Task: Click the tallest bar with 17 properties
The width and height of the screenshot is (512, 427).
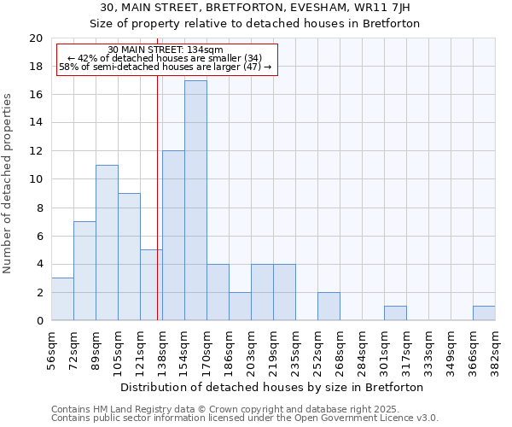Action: click(x=195, y=201)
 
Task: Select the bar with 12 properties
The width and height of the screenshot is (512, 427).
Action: click(x=173, y=236)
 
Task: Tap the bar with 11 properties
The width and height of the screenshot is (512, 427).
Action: click(x=107, y=243)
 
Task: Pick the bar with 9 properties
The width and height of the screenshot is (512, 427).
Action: click(x=129, y=257)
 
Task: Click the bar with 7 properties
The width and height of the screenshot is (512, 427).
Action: click(x=84, y=271)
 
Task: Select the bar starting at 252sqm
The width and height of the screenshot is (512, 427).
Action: click(x=329, y=306)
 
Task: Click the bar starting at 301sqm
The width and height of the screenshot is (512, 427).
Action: click(x=395, y=313)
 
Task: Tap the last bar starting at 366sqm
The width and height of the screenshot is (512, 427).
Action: click(x=484, y=313)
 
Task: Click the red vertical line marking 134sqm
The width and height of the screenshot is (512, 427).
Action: click(x=158, y=196)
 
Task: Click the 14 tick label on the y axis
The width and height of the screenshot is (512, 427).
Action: click(x=35, y=123)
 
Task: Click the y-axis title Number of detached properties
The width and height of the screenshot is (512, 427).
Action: click(x=8, y=184)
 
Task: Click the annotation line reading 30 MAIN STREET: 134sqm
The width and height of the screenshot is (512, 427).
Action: click(x=166, y=50)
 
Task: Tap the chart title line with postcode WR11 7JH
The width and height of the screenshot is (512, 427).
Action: click(x=255, y=8)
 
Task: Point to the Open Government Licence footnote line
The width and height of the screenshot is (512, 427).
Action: click(x=245, y=418)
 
